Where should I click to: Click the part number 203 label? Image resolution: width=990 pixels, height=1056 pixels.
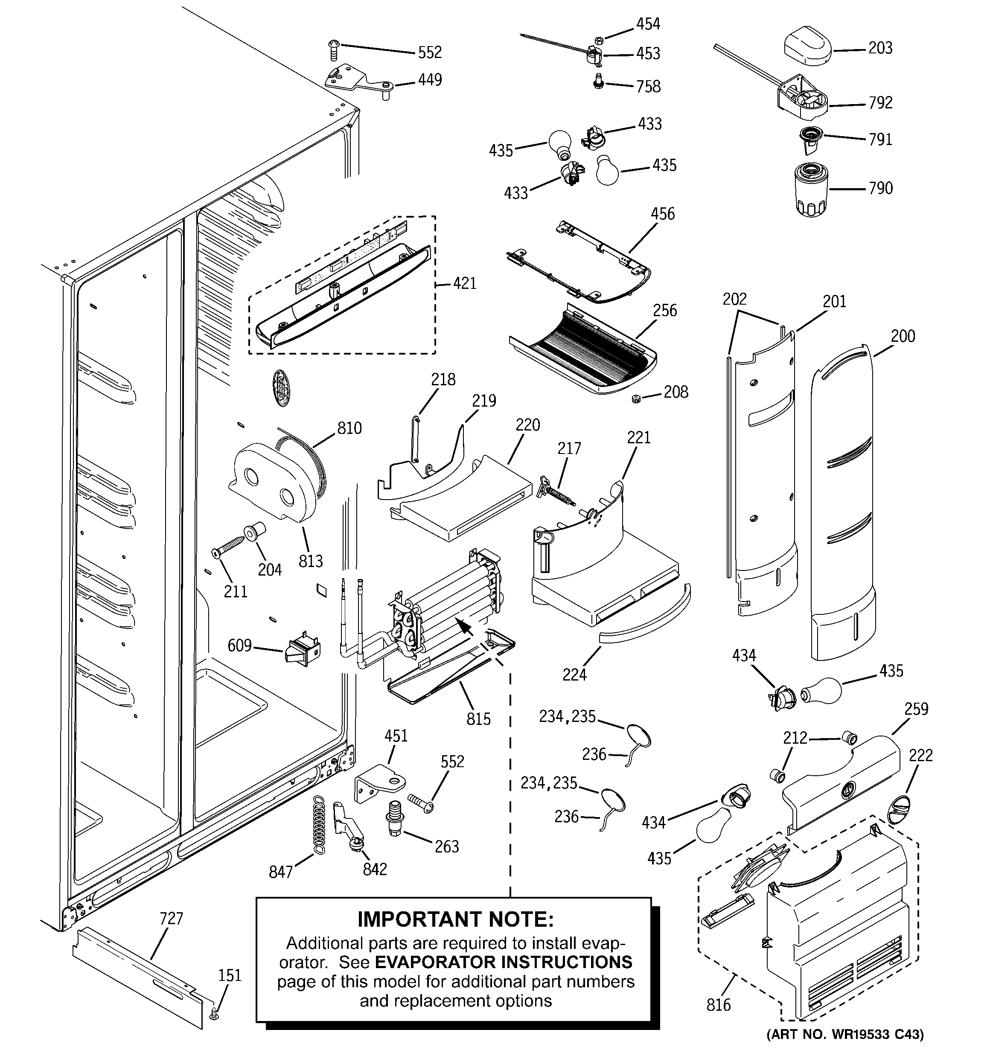pos(880,48)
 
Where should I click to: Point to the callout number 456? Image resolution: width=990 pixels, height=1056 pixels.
pos(663,214)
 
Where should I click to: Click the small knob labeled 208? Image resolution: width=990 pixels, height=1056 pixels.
pos(635,399)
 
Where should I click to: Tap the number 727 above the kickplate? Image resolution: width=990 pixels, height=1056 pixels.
pos(171,919)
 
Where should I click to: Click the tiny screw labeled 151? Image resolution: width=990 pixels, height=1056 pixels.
pos(214,1015)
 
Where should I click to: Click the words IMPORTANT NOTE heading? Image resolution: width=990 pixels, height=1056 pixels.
pos(455,919)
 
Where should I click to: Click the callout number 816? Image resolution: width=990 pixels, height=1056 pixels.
pos(719,1005)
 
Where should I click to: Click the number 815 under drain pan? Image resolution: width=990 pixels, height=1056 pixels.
pos(478,719)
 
